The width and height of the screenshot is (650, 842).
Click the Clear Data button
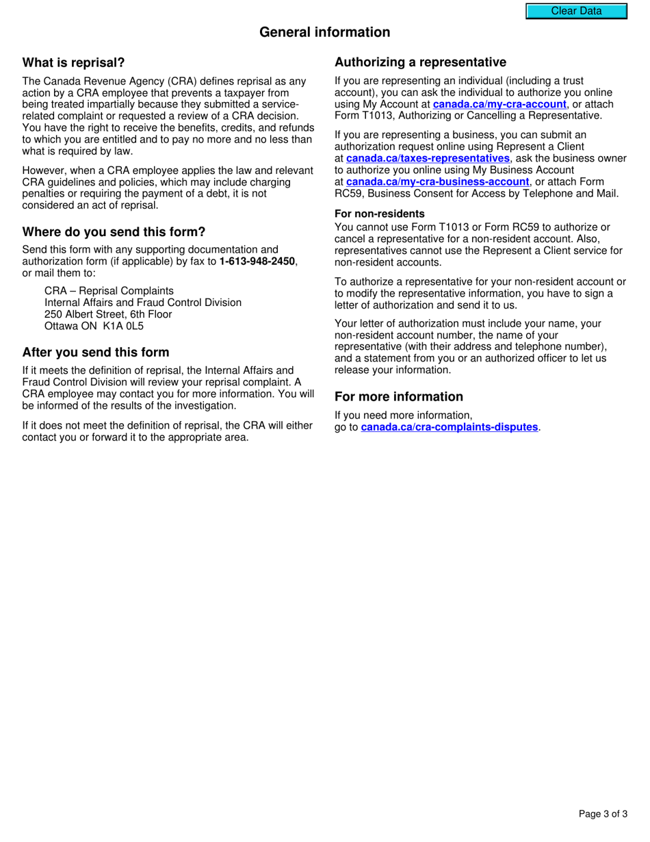pos(576,11)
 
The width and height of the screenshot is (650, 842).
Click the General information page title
pos(324,32)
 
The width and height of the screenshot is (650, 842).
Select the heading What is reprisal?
pos(74,63)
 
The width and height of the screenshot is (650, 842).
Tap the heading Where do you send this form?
pos(114,232)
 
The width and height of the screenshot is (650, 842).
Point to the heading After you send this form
pos(96,353)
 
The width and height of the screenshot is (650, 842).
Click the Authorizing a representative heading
pos(420,62)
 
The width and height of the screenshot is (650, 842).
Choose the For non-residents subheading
pos(379,214)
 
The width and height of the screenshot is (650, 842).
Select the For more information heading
pos(398,397)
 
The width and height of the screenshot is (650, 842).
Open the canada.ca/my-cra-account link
pos(499,105)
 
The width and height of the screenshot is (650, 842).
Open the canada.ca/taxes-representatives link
pos(428,159)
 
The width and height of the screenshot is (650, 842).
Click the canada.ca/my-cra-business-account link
pos(438,182)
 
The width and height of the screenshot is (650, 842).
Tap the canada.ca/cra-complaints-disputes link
pos(450,427)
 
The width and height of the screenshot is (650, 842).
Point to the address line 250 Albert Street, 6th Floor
pos(108,314)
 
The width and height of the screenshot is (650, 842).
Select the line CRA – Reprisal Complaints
pos(109,291)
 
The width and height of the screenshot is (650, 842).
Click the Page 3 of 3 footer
pos(603,814)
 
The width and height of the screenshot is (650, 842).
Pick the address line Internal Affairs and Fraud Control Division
pos(143,303)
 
